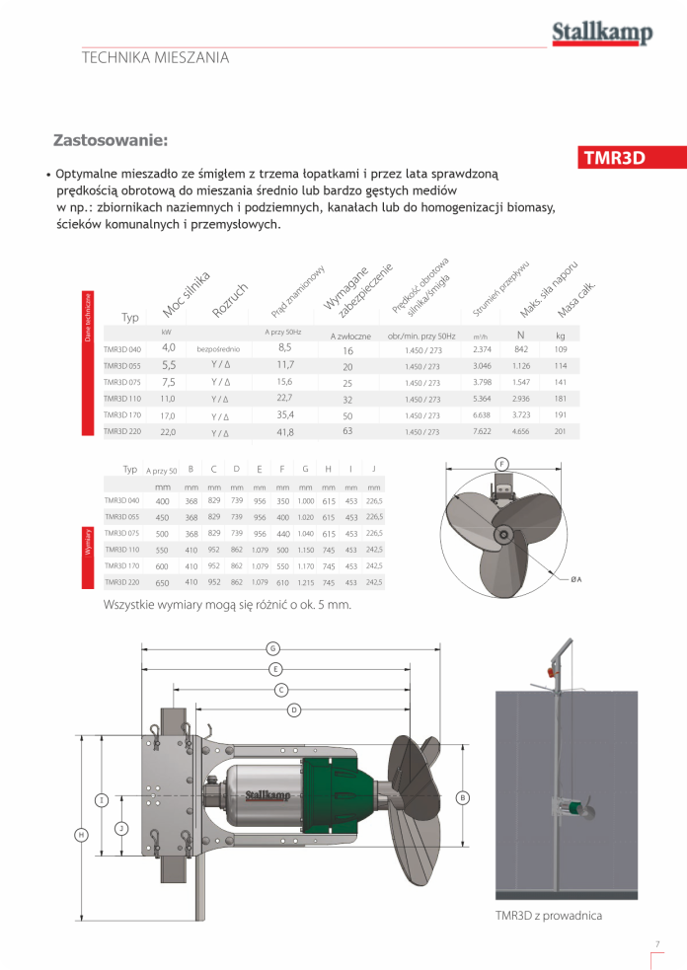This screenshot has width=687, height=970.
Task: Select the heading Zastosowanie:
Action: [x=111, y=140]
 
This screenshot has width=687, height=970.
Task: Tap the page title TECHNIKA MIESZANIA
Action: [x=155, y=57]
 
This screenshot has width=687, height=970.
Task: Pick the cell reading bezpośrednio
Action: [x=219, y=349]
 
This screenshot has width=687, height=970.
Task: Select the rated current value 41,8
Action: [x=285, y=431]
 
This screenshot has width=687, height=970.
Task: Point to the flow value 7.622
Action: [x=482, y=431]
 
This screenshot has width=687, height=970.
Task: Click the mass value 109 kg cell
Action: [x=561, y=349]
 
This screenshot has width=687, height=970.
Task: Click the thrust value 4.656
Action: [x=521, y=431]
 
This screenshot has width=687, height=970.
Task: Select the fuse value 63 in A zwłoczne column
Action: [x=347, y=431]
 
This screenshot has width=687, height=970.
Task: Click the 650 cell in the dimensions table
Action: [x=163, y=583]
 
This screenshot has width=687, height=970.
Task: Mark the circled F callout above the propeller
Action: [x=501, y=463]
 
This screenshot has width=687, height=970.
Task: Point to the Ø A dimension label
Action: [x=575, y=578]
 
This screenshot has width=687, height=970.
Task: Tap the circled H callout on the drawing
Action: [x=81, y=835]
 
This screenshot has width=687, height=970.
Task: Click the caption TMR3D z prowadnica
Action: [x=548, y=915]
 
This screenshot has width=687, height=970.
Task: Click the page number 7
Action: [x=656, y=942]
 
